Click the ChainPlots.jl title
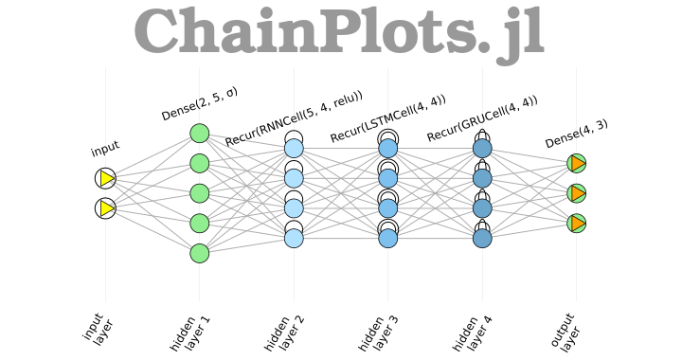pos(338,34)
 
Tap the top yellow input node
pos(105,178)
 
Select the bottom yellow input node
pos(105,208)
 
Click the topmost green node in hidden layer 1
pos(199,134)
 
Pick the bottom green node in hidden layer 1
pos(199,253)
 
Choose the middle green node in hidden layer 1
pos(199,193)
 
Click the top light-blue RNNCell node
pos(294,148)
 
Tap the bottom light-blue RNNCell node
pos(294,238)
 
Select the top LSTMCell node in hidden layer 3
pos(388,148)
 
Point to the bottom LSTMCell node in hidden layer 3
pos(388,238)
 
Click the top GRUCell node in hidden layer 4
pos(482,148)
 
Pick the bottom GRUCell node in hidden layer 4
pos(482,238)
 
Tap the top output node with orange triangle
pos(577,163)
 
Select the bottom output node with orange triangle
pos(577,224)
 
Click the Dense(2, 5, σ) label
pos(200,104)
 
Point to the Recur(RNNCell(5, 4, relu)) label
pos(294,118)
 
